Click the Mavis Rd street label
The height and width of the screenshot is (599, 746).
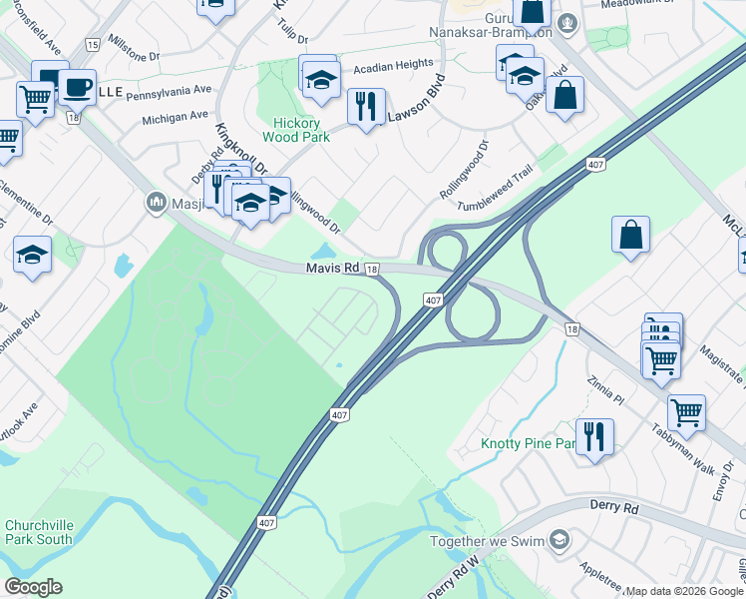[332, 269]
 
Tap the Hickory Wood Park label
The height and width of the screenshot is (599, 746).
[294, 131]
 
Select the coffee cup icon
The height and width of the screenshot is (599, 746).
[77, 87]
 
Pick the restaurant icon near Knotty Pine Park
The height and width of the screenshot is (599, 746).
[594, 436]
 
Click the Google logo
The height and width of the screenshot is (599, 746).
[33, 587]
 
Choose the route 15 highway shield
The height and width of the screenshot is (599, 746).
[93, 45]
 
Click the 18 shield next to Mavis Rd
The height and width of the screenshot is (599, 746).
[371, 270]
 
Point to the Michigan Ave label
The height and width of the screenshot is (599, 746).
[175, 118]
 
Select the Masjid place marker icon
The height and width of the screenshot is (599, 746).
[156, 204]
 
